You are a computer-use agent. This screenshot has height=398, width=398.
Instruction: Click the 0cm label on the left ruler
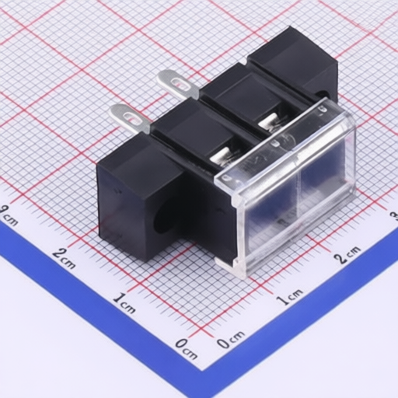186,349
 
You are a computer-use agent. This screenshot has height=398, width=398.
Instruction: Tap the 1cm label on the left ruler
124,302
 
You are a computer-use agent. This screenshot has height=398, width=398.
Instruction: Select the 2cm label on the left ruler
64,257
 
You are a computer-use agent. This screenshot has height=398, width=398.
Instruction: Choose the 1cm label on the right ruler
289,296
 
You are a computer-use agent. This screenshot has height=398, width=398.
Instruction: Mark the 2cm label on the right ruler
347,254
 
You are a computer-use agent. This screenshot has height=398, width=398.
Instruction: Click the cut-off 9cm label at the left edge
9,215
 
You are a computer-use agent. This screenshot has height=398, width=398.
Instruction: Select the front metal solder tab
130,118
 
